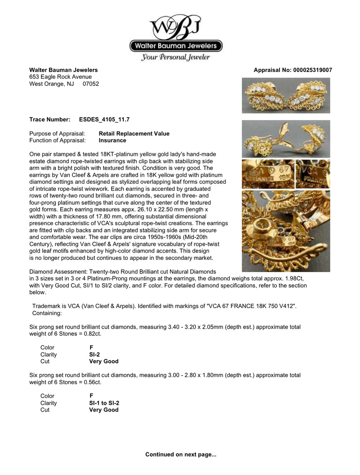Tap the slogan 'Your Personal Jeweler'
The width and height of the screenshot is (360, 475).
[x=176, y=57]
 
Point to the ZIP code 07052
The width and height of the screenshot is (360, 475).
[x=90, y=84]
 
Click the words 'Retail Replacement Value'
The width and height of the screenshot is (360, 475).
[x=134, y=134]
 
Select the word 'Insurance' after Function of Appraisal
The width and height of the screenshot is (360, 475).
[x=112, y=140]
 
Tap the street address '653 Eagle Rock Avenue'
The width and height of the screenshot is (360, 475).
[x=60, y=77]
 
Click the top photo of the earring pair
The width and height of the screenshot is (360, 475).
[x=286, y=95]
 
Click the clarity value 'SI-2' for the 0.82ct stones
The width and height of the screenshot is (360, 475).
[x=94, y=354]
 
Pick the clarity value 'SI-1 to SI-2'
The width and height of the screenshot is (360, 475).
[x=104, y=403]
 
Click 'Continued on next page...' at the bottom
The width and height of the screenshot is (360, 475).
[x=180, y=455]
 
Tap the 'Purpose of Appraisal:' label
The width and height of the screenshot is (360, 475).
[x=57, y=134]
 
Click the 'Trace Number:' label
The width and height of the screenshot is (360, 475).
[x=50, y=119]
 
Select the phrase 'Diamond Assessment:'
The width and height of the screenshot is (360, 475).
[x=58, y=272]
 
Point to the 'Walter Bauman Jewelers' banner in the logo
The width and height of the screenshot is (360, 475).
[x=176, y=45]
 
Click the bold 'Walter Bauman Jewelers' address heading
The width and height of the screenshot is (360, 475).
[x=63, y=70]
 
